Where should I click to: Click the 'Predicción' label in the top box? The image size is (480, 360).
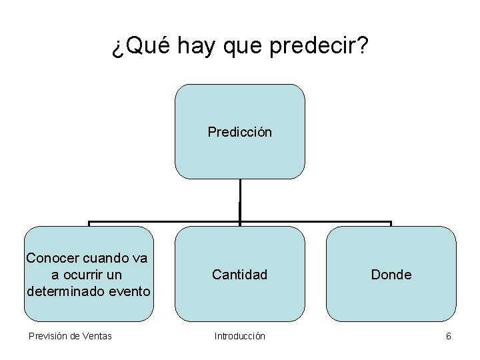tap(239, 132)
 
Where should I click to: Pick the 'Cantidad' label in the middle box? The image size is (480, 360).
tap(239, 275)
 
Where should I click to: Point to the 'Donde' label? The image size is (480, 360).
tap(391, 275)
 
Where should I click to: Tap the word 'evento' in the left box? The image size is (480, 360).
tap(129, 291)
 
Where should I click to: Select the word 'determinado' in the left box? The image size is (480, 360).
tap(66, 291)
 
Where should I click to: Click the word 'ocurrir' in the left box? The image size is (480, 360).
tap(83, 275)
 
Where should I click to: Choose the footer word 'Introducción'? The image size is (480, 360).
tap(239, 336)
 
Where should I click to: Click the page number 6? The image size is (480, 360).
tap(449, 336)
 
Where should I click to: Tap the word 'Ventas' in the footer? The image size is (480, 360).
tap(97, 336)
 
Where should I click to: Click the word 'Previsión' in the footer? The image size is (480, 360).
tap(48, 336)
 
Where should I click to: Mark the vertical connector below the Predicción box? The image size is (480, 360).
tap(239, 200)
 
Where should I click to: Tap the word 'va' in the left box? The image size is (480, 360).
tap(140, 258)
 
